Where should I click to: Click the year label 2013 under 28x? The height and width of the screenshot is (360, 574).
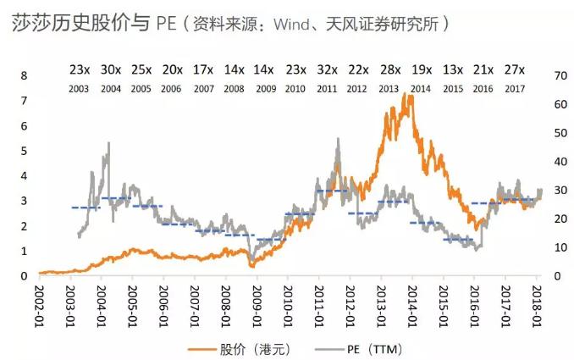pyautogui.click(x=389, y=87)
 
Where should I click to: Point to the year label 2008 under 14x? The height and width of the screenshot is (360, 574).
pyautogui.click(x=235, y=87)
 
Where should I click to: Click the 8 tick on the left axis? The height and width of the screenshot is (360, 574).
pyautogui.click(x=25, y=76)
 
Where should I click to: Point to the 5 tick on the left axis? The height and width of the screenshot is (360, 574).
pyautogui.click(x=25, y=152)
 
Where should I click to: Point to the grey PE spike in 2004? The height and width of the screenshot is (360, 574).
pyautogui.click(x=108, y=144)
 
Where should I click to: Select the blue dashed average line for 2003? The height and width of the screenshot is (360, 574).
pyautogui.click(x=86, y=208)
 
